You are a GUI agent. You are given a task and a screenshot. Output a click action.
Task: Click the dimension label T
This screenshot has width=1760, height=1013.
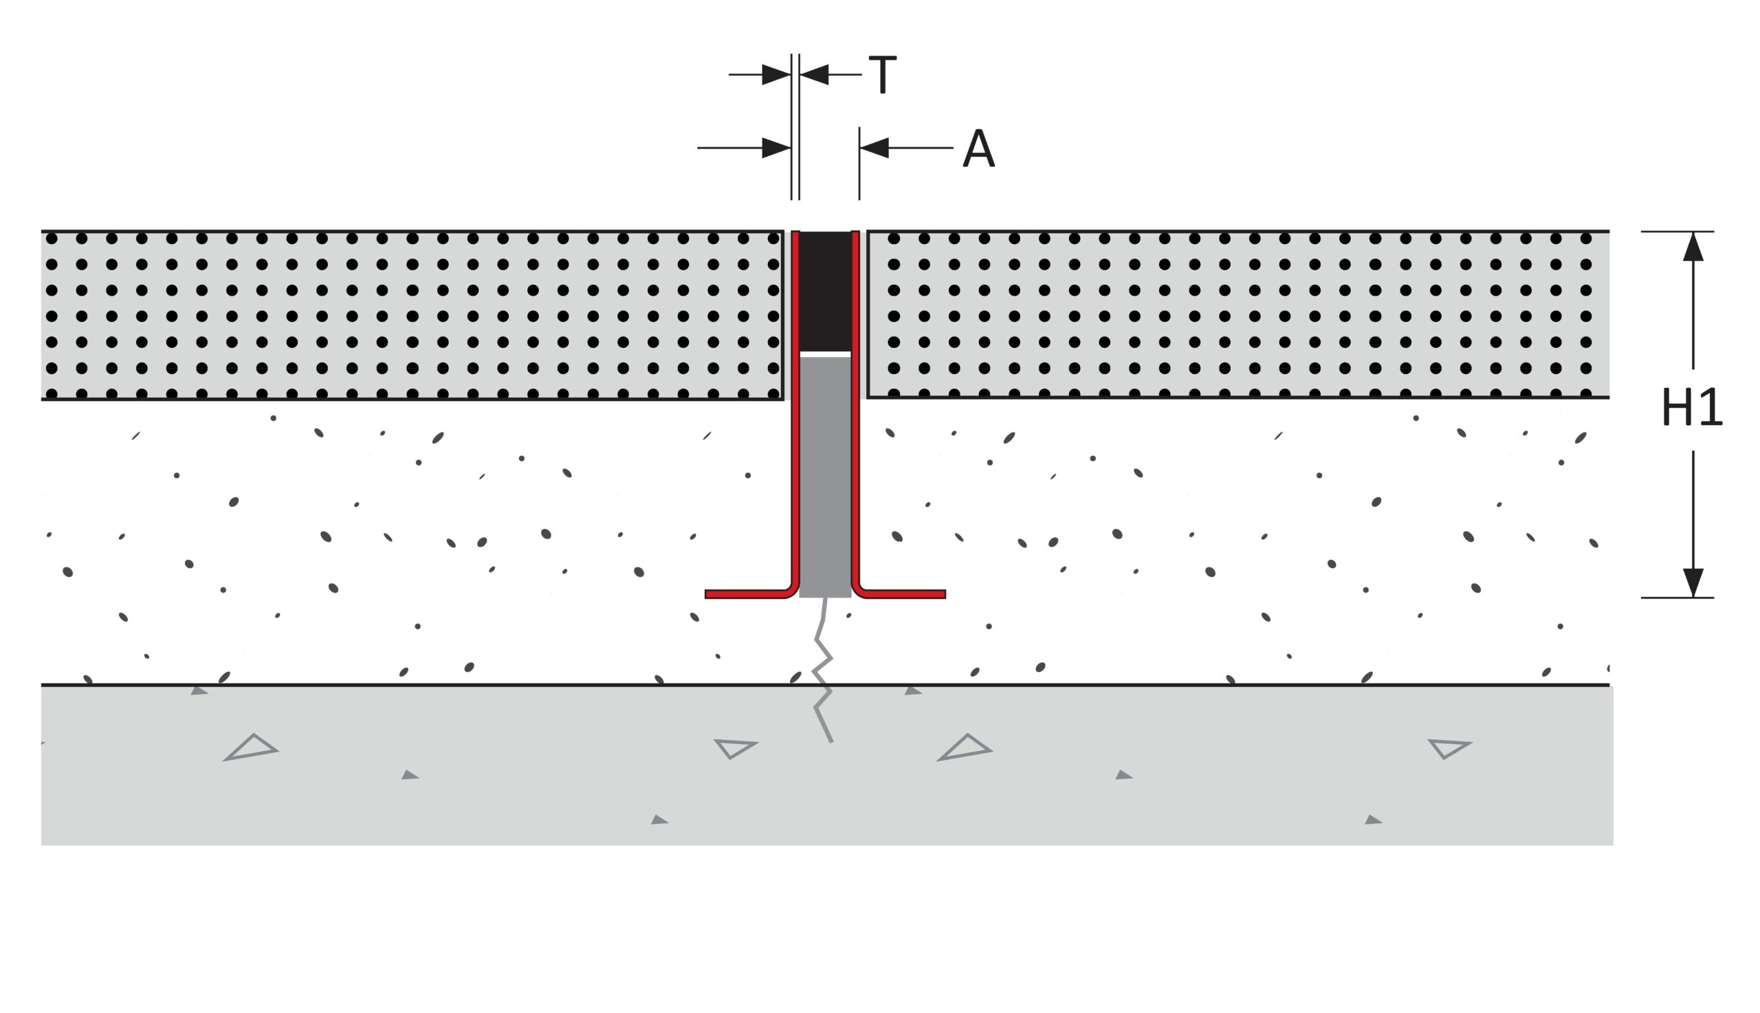pos(883,74)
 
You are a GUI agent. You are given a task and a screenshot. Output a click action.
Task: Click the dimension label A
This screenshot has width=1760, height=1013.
pos(978,147)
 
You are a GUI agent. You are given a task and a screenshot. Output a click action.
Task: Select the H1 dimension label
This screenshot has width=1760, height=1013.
pos(1692,408)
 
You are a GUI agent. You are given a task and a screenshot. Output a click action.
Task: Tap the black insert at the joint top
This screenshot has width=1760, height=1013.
pos(826,291)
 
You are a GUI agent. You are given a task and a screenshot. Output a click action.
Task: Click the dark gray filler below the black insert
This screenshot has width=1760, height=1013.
pos(826,477)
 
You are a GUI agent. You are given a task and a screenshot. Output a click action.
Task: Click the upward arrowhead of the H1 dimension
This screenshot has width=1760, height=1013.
pos(1693,246)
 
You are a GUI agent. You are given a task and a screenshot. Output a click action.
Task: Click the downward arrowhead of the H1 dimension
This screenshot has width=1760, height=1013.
pos(1693,582)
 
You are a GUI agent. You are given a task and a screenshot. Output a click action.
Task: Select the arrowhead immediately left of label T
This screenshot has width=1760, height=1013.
pos(814,74)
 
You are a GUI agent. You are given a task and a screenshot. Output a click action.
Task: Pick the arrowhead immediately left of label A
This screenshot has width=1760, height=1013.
pos(874,147)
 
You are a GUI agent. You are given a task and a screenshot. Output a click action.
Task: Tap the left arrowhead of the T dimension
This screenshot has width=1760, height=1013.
pos(777,74)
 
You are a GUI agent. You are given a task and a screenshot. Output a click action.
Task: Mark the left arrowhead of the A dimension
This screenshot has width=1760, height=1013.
pos(777,147)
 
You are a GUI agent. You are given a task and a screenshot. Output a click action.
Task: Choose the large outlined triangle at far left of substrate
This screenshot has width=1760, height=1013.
pos(251,748)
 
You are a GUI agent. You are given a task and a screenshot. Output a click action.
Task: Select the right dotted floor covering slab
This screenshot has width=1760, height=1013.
pos(1238,314)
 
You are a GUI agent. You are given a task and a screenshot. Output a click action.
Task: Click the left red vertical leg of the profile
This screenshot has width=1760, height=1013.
pos(795,411)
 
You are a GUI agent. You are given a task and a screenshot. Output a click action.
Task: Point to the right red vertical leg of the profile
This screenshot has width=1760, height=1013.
pos(855,411)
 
